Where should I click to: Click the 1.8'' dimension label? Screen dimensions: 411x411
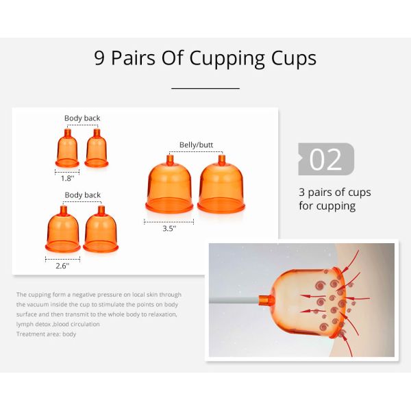point(67,178)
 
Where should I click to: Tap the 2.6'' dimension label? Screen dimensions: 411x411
point(62,266)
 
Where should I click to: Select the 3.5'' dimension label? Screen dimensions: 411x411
point(169,228)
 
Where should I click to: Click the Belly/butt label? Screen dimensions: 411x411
point(196,145)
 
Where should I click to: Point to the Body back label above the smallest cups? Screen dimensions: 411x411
point(82,118)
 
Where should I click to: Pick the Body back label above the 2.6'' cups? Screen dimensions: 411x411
point(83,195)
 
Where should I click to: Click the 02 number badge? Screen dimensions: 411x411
point(326,159)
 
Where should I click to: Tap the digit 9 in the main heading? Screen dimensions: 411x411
point(99,58)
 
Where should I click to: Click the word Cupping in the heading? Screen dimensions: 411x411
point(227,59)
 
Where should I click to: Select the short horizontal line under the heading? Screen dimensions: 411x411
point(206,88)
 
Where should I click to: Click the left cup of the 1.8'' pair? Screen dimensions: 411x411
point(67,148)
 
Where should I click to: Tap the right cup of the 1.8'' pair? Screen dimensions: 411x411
point(97,148)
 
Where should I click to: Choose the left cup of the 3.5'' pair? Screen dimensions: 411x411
point(169,184)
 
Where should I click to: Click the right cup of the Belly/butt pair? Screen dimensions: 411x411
point(221,184)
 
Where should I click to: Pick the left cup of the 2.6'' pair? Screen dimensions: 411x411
point(63,229)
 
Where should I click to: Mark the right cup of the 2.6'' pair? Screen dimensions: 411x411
point(101,229)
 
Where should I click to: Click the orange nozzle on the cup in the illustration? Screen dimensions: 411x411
point(266,300)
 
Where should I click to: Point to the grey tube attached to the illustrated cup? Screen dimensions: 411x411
point(234,301)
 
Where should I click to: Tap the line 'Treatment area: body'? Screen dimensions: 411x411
point(46,334)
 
